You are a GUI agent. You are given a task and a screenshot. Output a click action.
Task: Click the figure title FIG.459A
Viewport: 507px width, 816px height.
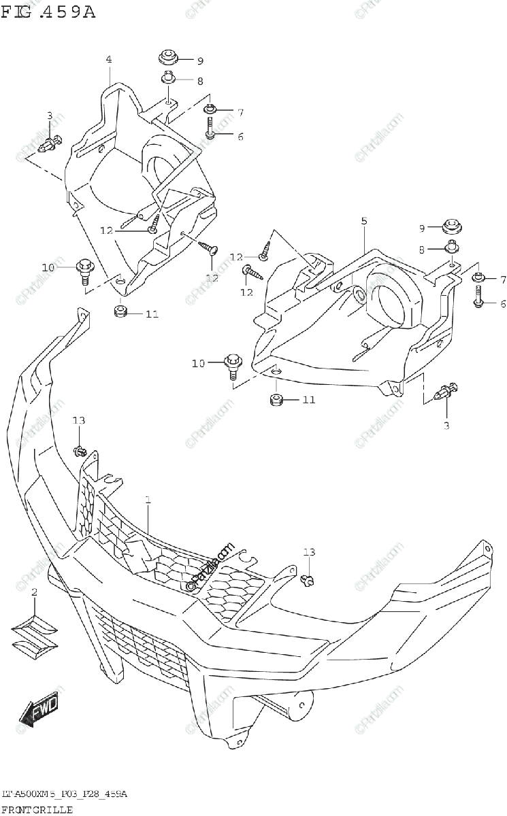tap(48, 12)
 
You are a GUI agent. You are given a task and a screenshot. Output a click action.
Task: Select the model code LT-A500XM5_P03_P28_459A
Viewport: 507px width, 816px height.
tap(65, 794)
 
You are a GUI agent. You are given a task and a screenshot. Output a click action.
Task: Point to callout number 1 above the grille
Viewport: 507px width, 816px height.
tap(148, 500)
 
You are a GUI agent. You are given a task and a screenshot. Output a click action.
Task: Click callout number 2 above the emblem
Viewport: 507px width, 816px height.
tap(34, 594)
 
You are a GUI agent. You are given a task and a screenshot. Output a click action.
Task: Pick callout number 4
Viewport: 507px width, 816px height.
tap(108, 60)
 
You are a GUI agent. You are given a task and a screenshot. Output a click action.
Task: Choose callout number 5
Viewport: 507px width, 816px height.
tap(364, 221)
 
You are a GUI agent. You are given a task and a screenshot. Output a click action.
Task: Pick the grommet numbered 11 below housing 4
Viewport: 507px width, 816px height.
tap(121, 313)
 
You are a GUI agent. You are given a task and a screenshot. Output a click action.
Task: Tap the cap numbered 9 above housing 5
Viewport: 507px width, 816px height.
tap(452, 227)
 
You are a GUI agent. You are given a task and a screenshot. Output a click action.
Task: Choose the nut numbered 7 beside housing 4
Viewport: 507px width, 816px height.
tap(210, 109)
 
